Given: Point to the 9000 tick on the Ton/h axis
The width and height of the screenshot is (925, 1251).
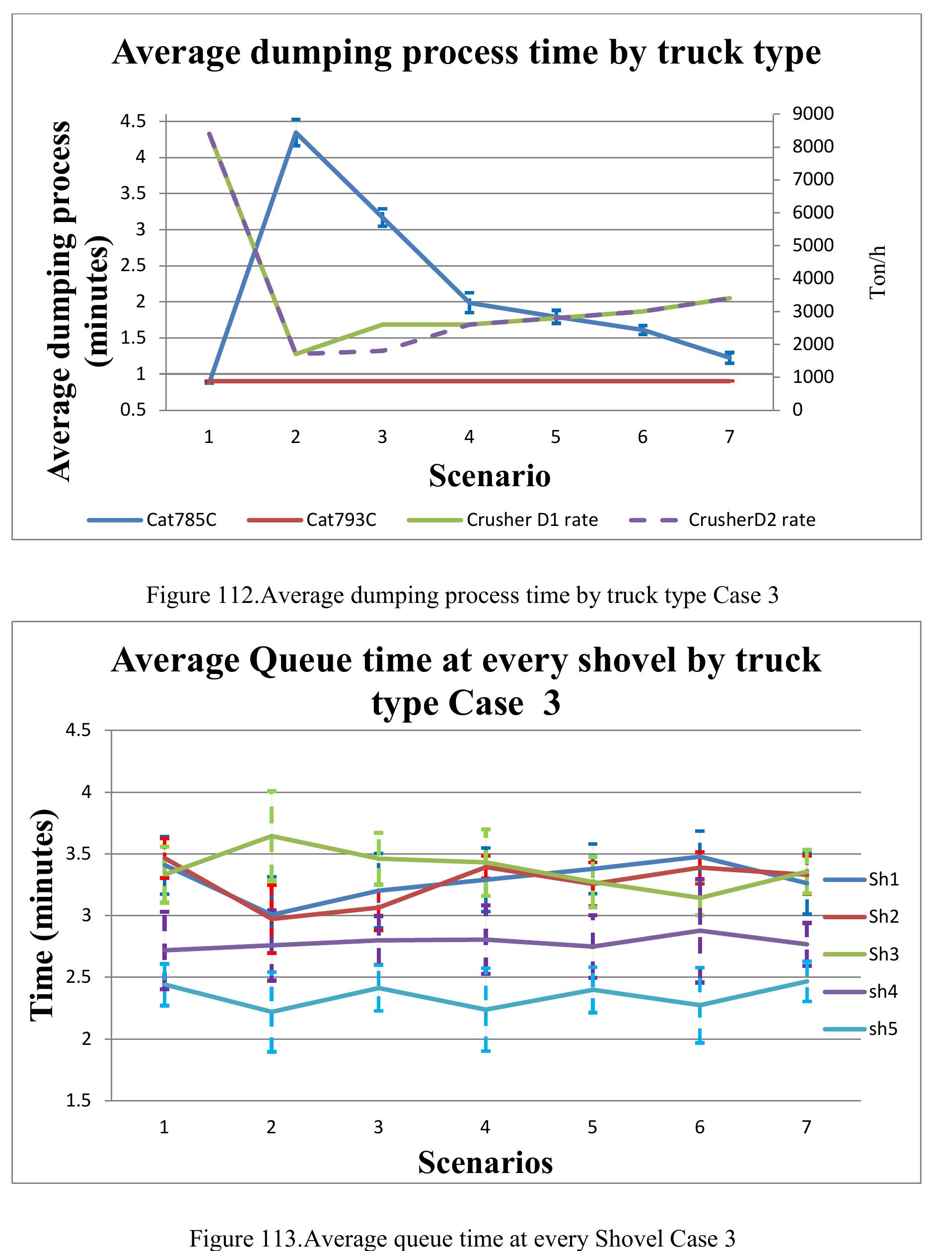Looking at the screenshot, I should point(812,114).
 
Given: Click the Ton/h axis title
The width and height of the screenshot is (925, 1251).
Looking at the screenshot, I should point(877,272).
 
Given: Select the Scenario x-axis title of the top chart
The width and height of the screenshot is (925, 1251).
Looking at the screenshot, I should point(490,476).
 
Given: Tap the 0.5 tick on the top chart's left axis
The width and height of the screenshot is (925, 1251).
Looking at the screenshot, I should point(133,410).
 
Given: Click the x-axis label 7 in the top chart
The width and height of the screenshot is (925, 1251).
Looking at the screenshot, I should point(728,437).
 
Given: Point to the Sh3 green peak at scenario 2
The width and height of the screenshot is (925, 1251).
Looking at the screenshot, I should point(272,836).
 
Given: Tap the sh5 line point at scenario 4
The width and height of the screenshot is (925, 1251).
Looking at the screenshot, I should point(486,1010).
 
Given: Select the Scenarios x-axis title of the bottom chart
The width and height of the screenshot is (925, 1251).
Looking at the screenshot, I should point(485,1162).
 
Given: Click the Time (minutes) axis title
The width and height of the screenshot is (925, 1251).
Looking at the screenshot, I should point(43,915).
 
